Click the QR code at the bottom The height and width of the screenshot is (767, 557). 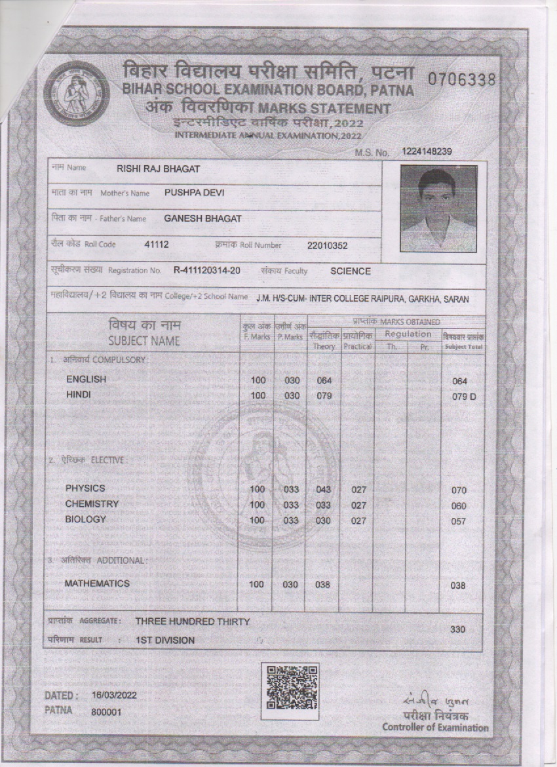(290, 691)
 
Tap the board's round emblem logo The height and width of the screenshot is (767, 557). (73, 94)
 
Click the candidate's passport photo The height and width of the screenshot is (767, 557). (438, 208)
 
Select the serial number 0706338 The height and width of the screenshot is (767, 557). (461, 80)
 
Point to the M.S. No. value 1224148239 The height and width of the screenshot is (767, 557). (427, 151)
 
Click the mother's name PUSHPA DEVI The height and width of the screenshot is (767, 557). (195, 193)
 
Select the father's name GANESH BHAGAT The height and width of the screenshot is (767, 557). (202, 219)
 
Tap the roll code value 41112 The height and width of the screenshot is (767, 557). (157, 245)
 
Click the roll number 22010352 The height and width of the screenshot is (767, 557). (327, 246)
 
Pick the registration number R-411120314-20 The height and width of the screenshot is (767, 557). (207, 271)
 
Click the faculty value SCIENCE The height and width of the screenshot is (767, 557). (350, 271)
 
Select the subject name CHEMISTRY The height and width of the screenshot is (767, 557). (92, 504)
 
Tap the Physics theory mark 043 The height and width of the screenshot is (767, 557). (323, 490)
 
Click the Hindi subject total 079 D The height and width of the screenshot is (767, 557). (463, 396)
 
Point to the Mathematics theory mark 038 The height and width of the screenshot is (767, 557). (322, 585)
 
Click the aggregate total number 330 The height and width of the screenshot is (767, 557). (459, 629)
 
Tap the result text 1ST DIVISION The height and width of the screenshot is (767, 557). (164, 640)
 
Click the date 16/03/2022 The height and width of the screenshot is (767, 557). (114, 695)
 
